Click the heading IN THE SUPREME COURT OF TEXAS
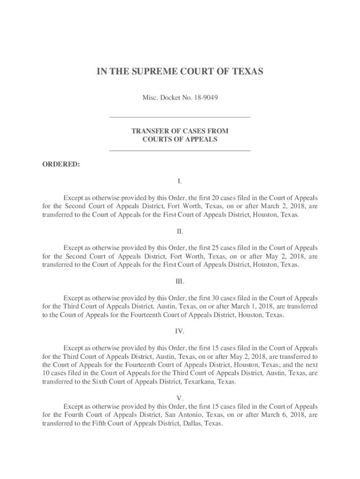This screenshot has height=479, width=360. tap(180, 72)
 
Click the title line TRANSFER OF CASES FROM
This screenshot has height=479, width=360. tap(180, 131)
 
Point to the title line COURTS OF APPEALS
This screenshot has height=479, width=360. tap(180, 139)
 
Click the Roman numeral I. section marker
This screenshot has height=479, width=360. tap(180, 181)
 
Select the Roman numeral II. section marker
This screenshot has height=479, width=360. tap(180, 232)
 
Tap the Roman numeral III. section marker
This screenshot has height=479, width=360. tap(180, 282)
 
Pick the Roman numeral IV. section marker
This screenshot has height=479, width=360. tap(180, 331)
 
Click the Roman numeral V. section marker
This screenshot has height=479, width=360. tap(180, 398)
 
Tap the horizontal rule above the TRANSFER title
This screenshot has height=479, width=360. tap(180, 117)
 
